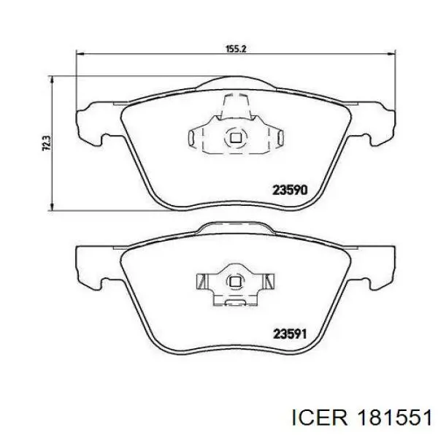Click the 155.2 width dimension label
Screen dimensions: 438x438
236,49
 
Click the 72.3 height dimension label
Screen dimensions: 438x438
46,143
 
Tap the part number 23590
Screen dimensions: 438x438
290,191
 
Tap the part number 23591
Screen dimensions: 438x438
290,334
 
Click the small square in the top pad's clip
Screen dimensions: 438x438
236,137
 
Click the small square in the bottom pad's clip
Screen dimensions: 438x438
234,282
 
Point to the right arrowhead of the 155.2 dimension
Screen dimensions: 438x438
392,54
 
